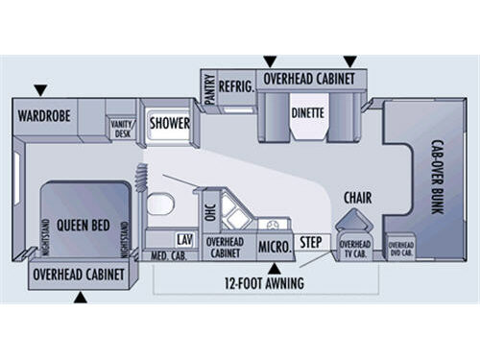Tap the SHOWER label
click(167, 124)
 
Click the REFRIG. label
click(235, 86)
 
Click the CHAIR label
click(358, 199)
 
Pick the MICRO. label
click(275, 247)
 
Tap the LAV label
click(185, 238)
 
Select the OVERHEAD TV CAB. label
click(354, 249)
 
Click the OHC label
click(210, 210)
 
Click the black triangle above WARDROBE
click(39, 91)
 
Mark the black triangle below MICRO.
click(274, 267)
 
